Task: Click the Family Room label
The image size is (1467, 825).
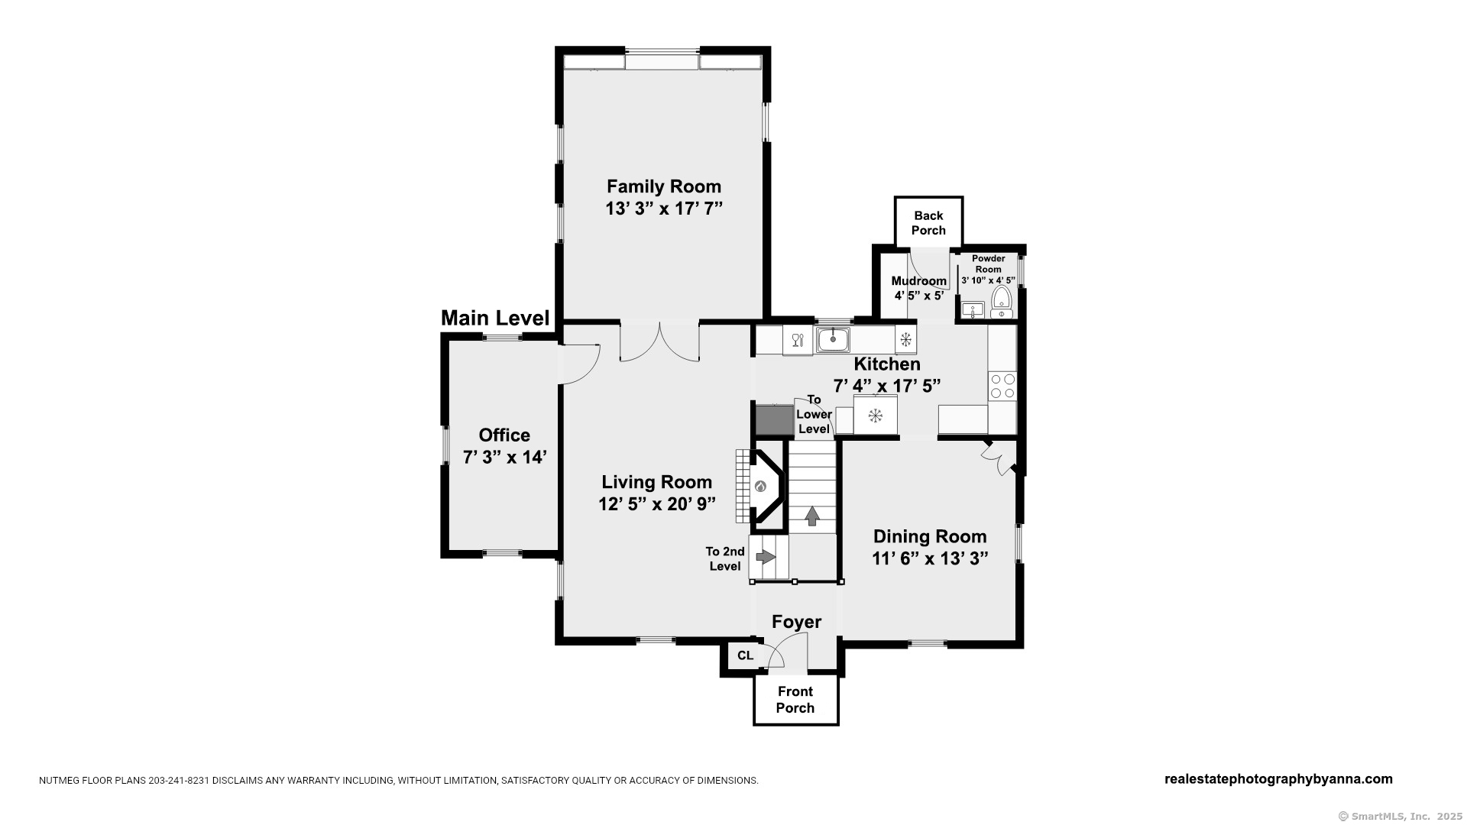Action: point(664,186)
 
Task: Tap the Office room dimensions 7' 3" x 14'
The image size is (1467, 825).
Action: point(504,458)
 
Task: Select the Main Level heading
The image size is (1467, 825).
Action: point(495,319)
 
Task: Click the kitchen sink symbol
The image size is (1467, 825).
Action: point(833,338)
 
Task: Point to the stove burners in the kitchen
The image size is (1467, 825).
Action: point(1002,386)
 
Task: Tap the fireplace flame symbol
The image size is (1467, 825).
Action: point(760,487)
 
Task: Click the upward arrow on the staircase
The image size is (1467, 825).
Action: point(812,516)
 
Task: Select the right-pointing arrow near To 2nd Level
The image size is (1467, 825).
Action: point(766,557)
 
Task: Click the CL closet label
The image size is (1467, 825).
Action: point(745,655)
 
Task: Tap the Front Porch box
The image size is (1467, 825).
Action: point(796,700)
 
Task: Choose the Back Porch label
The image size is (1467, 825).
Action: point(928,223)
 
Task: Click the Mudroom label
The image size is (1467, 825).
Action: point(919,281)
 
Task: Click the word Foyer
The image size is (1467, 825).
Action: point(796,622)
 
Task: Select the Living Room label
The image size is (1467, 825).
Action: point(657,482)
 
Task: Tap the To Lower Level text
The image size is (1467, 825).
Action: point(814,414)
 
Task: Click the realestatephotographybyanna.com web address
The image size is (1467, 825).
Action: point(1278,779)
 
